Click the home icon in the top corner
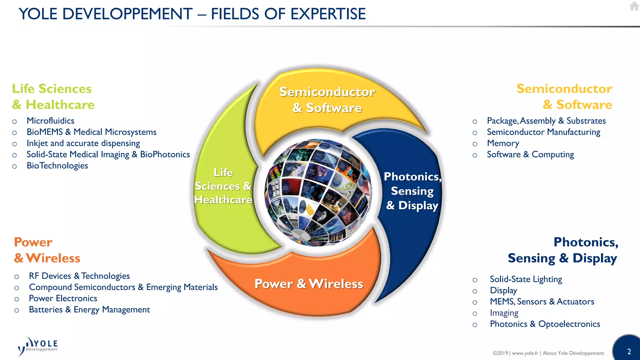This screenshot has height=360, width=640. [634, 6]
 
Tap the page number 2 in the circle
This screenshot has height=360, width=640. [629, 352]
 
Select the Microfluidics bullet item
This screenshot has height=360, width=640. [50, 121]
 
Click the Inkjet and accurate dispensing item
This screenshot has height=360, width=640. [83, 143]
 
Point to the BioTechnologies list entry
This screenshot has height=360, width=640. [57, 166]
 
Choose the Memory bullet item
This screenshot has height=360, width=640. [503, 143]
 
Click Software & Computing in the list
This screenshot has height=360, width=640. [530, 154]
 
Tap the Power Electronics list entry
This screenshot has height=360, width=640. [63, 298]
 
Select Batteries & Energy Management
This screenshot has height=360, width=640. [89, 310]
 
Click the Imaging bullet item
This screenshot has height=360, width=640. [504, 313]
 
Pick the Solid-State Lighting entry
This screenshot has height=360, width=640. [526, 279]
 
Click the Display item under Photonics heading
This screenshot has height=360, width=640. [503, 290]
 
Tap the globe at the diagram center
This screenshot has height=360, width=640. [318, 192]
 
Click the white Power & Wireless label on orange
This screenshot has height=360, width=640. [309, 284]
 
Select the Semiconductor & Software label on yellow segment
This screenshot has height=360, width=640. [327, 100]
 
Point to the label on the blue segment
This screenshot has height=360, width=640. [412, 191]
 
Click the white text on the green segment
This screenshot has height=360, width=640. [223, 186]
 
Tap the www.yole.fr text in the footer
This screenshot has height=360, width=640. [525, 353]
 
